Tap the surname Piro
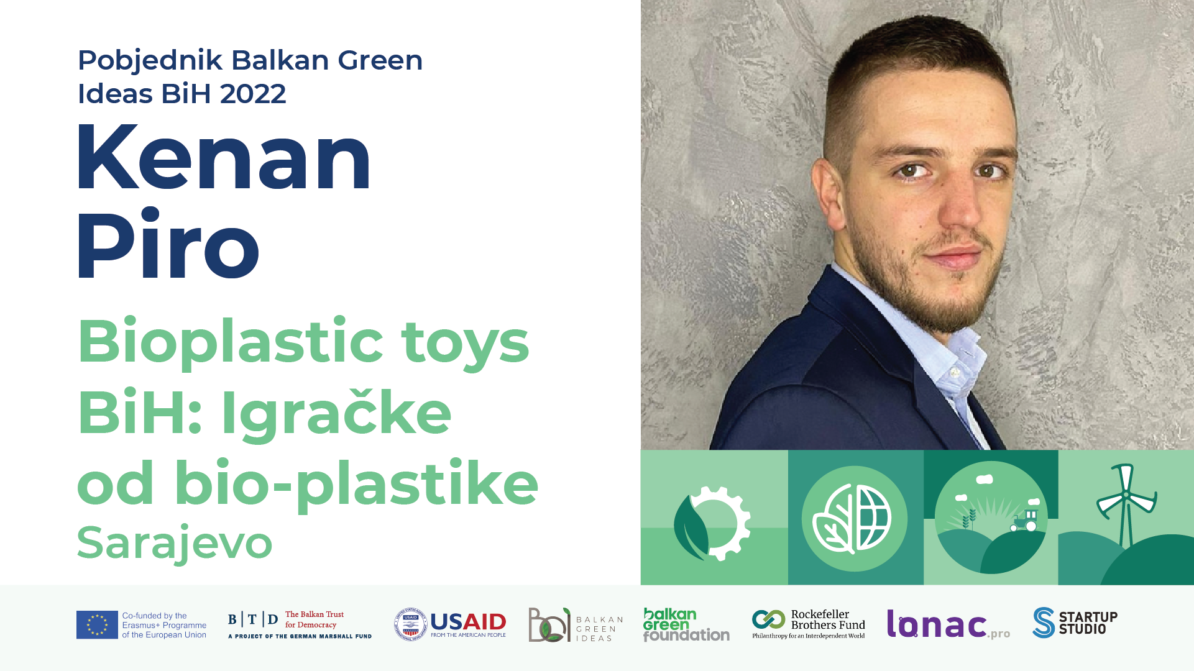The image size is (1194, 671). [x=168, y=244]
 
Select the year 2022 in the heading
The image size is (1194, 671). [x=253, y=94]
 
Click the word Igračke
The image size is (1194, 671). [x=336, y=413]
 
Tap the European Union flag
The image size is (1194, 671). [x=97, y=624]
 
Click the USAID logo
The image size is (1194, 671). [x=450, y=624]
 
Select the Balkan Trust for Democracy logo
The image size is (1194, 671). [x=300, y=624]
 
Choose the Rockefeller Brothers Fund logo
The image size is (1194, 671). [x=809, y=624]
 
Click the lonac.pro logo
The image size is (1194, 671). [x=948, y=624]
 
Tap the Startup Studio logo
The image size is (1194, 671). [x=1075, y=623]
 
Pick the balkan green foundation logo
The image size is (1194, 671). [x=686, y=624]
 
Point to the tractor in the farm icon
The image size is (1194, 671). [x=1024, y=521]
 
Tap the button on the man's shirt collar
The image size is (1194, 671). [x=955, y=372]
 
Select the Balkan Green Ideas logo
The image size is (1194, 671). [x=576, y=624]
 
